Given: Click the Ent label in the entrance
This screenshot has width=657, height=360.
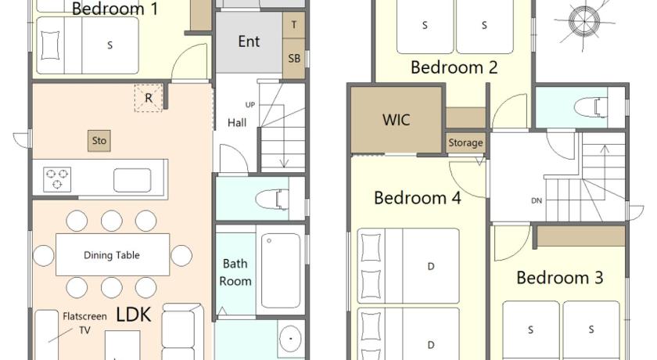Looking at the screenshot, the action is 249,41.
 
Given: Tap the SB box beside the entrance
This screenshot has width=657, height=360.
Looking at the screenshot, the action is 294,59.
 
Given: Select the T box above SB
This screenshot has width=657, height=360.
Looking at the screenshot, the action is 294,25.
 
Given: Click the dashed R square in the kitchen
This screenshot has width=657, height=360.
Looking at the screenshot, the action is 149,98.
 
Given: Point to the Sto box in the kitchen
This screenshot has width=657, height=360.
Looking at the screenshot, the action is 99,141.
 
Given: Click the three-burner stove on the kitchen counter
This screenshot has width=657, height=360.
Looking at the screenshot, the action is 57,179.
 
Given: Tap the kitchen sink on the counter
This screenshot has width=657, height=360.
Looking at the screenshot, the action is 132,180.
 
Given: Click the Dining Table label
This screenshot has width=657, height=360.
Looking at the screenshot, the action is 111,255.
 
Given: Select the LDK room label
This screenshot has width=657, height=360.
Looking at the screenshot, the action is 133,315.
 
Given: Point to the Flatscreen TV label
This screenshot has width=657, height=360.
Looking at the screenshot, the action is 84,323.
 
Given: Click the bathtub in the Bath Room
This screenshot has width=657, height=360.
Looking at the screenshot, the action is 281,271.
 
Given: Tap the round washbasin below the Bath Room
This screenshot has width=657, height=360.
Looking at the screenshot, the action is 290,339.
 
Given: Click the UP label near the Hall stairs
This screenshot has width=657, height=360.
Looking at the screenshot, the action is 250,105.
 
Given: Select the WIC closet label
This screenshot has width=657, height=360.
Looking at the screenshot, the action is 397,121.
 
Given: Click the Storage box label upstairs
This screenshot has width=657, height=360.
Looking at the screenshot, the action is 465,143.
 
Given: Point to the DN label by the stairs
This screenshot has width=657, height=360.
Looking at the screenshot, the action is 537,201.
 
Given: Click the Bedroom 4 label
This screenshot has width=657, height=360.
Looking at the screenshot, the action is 418,198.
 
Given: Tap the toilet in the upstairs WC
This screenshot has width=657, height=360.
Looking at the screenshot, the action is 591,107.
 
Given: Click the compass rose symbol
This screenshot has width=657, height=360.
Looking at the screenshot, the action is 584,20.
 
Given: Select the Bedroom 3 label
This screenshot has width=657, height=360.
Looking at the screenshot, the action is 560,278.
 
